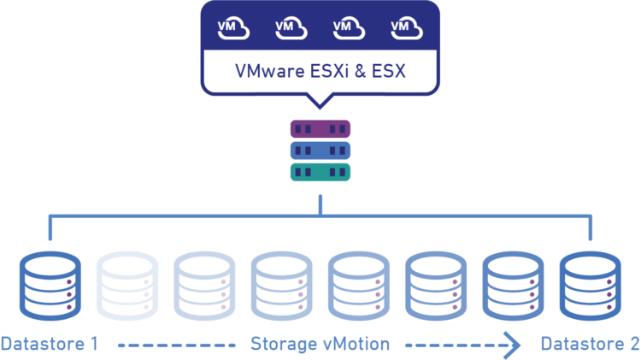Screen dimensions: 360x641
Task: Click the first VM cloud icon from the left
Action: tap(232, 29)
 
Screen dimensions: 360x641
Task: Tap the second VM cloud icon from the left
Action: tap(290, 29)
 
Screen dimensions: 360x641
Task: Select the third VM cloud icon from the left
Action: tap(348, 29)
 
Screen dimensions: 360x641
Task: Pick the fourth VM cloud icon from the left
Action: tap(405, 29)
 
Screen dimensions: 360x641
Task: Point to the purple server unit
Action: tap(320, 129)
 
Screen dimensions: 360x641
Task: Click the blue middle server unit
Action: tap(320, 150)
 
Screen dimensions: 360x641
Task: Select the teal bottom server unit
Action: tap(320, 172)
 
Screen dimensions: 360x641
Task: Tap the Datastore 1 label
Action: tap(50, 345)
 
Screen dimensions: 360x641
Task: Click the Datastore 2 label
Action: tap(590, 345)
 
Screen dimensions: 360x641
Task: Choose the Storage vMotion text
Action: tap(320, 345)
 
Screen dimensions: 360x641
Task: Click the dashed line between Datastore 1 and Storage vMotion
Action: tap(176, 345)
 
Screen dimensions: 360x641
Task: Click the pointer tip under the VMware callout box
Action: tap(320, 106)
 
